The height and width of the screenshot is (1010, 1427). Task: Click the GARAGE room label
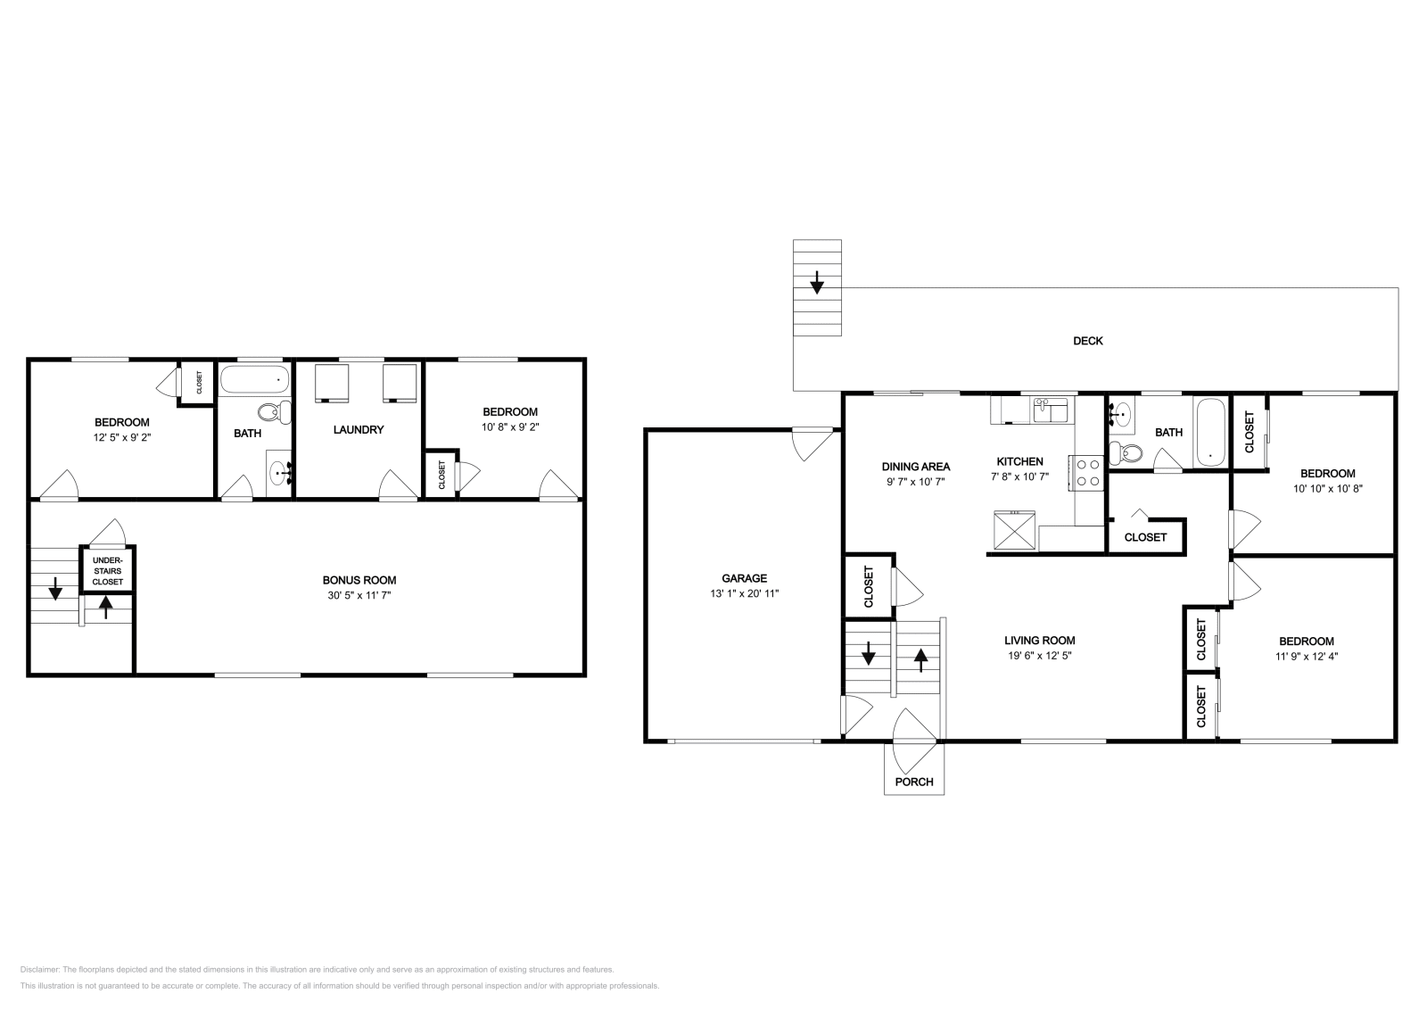tap(744, 578)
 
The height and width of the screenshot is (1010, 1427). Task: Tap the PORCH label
tap(914, 782)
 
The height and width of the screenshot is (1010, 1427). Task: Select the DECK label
tap(1087, 341)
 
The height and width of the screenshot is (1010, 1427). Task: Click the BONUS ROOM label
tap(359, 580)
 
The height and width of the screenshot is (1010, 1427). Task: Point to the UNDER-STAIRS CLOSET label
tap(108, 570)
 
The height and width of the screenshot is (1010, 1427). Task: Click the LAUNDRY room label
tap(358, 430)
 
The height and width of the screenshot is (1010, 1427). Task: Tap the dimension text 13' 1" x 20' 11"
tap(744, 592)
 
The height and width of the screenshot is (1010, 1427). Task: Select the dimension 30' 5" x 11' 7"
tap(359, 594)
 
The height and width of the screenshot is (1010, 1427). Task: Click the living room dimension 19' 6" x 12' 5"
tap(1039, 655)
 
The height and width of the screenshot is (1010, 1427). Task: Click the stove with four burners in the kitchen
tap(1088, 472)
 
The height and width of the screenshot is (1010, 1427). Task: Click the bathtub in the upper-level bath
tap(1210, 433)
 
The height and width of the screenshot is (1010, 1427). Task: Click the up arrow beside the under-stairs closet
tap(106, 607)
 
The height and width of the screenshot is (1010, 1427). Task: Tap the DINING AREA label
tap(915, 467)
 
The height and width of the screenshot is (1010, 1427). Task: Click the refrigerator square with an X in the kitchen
tap(1017, 530)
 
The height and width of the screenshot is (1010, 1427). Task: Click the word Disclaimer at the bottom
tap(38, 969)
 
